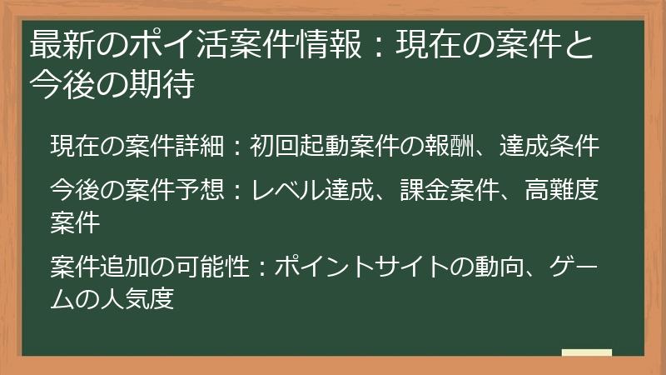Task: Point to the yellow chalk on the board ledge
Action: pos(587,353)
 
